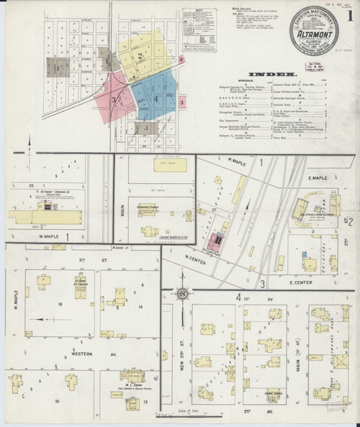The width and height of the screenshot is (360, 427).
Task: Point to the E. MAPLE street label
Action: [318, 179]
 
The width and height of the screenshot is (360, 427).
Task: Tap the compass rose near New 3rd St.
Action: [183, 294]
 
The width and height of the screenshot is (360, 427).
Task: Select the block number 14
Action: [140, 307]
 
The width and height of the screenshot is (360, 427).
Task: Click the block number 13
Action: [146, 402]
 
